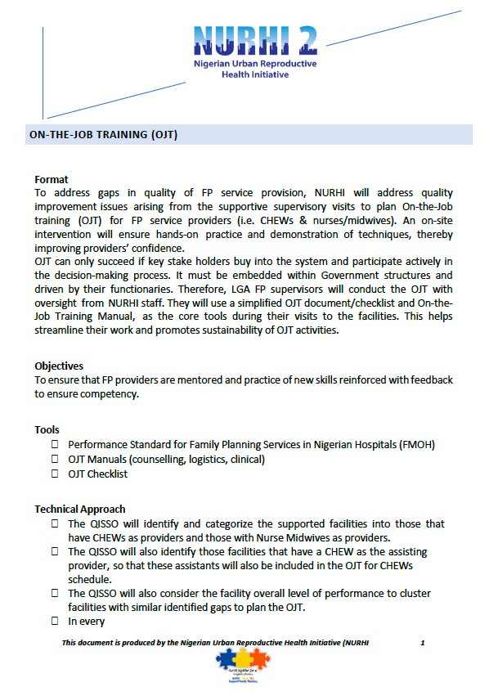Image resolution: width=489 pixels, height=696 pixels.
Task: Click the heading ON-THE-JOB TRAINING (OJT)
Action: click(103, 135)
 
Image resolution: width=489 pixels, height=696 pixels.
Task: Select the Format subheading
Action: click(52, 179)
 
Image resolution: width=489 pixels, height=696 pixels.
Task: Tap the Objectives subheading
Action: click(59, 366)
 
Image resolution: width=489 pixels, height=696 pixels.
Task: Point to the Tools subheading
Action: click(47, 429)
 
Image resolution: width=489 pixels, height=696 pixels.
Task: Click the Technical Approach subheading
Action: click(80, 509)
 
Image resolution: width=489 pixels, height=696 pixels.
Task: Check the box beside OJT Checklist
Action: click(55, 474)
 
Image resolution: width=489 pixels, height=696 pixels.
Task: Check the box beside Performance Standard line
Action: click(55, 444)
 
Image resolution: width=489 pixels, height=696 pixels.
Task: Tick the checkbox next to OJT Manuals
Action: click(55, 459)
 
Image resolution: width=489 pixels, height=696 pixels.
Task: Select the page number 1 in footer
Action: click(423, 643)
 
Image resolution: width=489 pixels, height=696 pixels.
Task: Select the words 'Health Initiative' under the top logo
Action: click(255, 74)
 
